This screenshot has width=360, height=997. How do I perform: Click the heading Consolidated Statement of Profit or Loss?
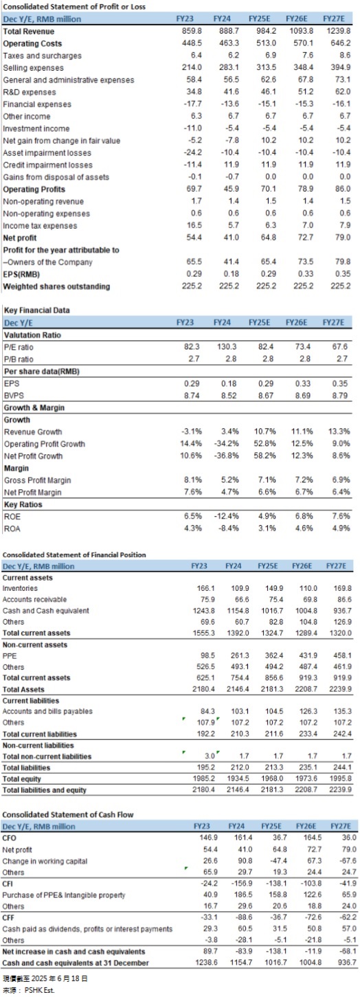point(74,7)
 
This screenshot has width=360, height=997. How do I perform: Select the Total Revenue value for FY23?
point(192,31)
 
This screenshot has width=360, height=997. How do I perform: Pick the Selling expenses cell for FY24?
point(229,67)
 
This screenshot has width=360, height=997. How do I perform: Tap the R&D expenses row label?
point(30,92)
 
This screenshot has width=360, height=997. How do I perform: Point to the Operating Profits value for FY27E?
point(343,189)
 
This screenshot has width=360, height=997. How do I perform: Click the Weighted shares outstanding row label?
point(56,287)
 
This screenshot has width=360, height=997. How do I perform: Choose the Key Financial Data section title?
point(36,310)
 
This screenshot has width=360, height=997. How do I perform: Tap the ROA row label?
point(12,529)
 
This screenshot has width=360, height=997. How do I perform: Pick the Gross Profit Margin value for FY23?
point(192,480)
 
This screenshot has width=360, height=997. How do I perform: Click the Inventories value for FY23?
point(205,588)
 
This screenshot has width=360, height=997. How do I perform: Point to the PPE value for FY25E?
point(274,656)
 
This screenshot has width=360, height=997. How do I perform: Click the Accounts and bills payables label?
point(47,711)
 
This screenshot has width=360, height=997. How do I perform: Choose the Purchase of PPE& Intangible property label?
point(64,895)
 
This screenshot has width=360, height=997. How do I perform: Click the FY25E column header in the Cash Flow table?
point(271,826)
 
